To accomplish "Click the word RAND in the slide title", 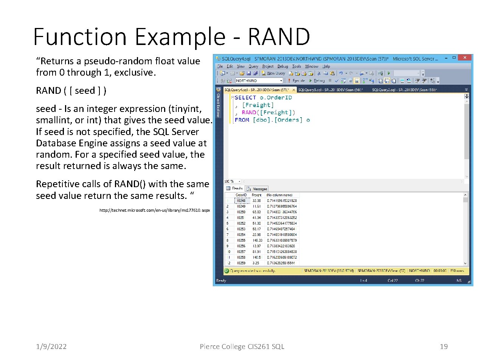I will pyautogui.click(x=279, y=37).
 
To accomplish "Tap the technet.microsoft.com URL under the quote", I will pyautogui.click(x=154, y=210).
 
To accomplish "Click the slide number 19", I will pyautogui.click(x=444, y=346).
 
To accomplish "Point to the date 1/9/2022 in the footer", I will pyautogui.click(x=51, y=346).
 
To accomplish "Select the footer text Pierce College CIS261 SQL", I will pyautogui.click(x=242, y=346).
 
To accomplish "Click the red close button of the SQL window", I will pyautogui.click(x=465, y=58).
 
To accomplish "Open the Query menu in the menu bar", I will pyautogui.click(x=253, y=67).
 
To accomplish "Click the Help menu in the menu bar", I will pyautogui.click(x=326, y=67).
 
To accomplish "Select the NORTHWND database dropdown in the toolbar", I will pyautogui.click(x=259, y=81).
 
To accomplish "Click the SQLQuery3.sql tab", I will pyautogui.click(x=330, y=90).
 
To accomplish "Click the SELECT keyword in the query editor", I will pyautogui.click(x=245, y=98).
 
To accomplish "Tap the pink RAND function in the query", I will pyautogui.click(x=249, y=112).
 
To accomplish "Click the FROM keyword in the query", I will pyautogui.click(x=242, y=120).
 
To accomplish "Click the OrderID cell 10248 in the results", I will pyautogui.click(x=241, y=201).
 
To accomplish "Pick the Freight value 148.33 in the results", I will pyautogui.click(x=257, y=240).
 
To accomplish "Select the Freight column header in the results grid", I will pyautogui.click(x=256, y=195).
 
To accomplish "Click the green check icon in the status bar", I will pyautogui.click(x=226, y=271).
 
